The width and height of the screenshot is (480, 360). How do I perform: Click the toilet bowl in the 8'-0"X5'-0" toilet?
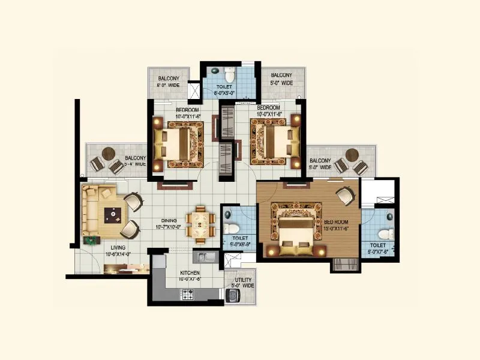(x=228, y=76)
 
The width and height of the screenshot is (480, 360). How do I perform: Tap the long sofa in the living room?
(x=91, y=210)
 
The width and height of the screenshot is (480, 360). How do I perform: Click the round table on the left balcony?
(x=108, y=154)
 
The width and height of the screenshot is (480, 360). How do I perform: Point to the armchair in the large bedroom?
(x=344, y=195)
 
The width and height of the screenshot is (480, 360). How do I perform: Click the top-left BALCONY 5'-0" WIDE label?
(x=168, y=82)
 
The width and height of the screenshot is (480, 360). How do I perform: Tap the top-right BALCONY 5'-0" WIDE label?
(x=281, y=79)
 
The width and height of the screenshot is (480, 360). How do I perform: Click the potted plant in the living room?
(x=91, y=241)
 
